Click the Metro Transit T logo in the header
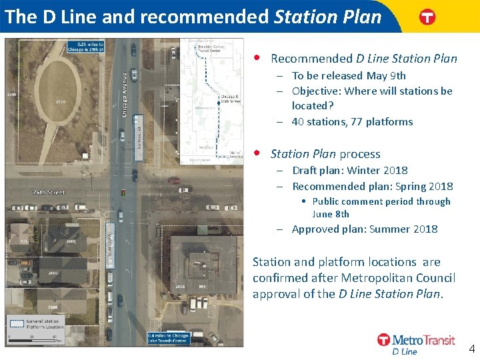427,17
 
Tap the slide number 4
471,348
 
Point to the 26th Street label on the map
49,192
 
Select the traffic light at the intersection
122,193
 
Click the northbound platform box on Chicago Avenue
139,137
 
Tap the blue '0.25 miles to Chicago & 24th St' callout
85,47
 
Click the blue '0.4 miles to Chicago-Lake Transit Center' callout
168,338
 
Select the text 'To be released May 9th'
349,75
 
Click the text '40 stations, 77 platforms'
352,121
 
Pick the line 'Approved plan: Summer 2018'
365,229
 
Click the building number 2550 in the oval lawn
61,101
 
